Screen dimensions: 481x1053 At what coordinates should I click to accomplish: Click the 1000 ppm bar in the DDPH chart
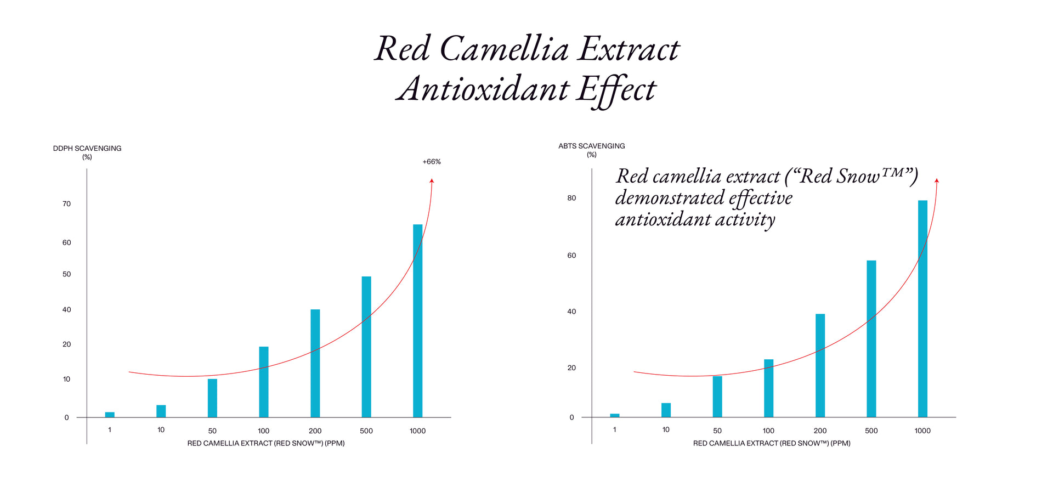417,321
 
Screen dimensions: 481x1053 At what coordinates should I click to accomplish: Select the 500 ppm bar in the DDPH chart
366,347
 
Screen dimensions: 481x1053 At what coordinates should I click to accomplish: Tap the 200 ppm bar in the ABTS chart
820,365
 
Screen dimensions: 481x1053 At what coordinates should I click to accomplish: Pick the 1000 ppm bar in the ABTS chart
922,309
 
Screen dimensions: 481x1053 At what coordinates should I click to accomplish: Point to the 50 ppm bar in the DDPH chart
212,398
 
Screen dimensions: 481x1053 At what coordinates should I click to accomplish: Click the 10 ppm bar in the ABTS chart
666,410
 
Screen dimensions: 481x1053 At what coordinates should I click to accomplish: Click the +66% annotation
432,162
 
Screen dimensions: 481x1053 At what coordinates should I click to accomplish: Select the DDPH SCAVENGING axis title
87,149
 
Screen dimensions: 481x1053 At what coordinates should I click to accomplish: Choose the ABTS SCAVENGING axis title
591,146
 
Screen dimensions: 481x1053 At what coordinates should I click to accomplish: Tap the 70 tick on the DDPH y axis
67,204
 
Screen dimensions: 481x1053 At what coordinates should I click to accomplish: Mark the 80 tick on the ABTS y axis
571,198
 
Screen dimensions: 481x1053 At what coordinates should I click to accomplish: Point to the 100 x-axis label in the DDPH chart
264,431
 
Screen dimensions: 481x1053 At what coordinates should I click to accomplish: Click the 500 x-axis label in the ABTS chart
871,431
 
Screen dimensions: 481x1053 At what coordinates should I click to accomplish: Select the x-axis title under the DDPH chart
266,443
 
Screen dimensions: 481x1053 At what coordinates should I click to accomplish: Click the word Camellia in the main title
504,49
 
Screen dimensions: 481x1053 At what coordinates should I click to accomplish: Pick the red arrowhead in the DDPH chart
432,180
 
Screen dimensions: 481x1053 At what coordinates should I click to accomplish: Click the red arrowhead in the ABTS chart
937,180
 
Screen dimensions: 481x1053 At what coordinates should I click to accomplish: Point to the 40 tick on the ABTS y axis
571,312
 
